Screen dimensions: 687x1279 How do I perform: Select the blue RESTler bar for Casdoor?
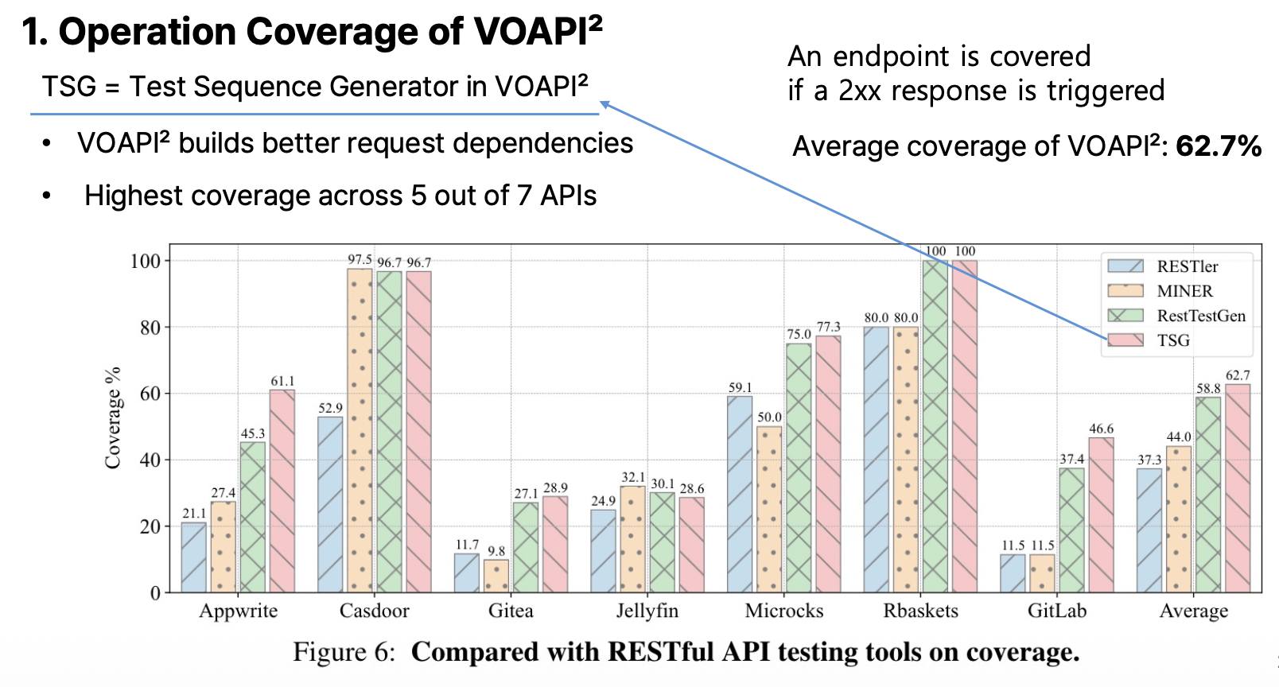click(x=330, y=504)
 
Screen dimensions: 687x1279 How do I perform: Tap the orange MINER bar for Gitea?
click(x=496, y=576)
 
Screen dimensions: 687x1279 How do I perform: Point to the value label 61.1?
click(x=282, y=381)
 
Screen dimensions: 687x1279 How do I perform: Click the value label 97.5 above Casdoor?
click(x=360, y=259)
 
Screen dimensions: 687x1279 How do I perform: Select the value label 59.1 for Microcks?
click(x=740, y=387)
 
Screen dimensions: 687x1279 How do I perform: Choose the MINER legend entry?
click(x=1184, y=291)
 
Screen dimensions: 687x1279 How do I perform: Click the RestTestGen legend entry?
click(x=1200, y=316)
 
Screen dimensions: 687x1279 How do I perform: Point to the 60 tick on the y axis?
click(x=150, y=394)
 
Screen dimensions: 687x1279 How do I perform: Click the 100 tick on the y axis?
click(x=145, y=261)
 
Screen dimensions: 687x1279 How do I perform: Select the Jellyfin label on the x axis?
click(x=647, y=611)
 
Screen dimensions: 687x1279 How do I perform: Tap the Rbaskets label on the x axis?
click(x=920, y=611)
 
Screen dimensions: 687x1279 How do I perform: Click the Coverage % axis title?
click(x=113, y=417)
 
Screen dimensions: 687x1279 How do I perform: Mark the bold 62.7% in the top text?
click(x=1218, y=146)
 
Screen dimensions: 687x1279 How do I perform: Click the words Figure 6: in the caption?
click(x=344, y=652)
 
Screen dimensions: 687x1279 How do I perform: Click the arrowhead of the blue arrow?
click(x=605, y=104)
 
